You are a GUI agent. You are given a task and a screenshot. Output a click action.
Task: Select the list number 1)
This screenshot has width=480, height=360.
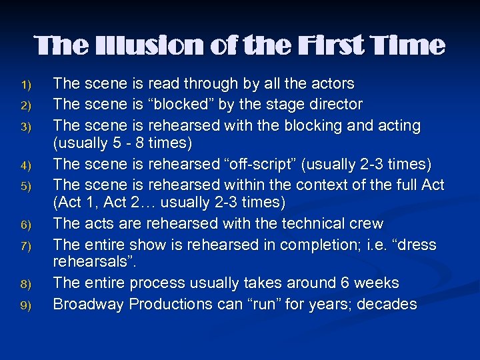(x=26, y=85)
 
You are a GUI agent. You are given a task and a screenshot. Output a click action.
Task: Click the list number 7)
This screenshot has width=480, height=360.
(x=26, y=245)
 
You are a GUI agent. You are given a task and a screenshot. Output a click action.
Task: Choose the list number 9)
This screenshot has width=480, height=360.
(x=26, y=305)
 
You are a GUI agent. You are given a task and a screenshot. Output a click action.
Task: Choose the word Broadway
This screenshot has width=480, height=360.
(x=88, y=305)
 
